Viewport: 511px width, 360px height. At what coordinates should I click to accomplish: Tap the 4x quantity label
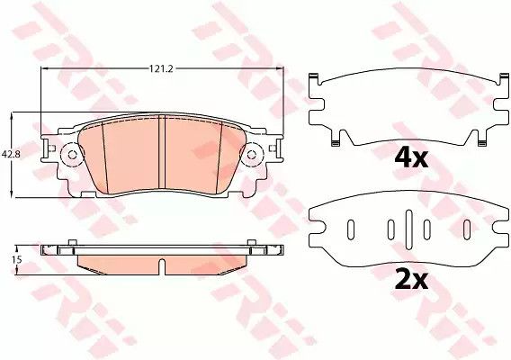coord(411,158)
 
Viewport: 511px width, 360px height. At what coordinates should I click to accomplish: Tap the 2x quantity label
coord(411,281)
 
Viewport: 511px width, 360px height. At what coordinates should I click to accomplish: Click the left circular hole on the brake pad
coord(72,155)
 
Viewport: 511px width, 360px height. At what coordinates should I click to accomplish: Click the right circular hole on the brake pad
coord(251,155)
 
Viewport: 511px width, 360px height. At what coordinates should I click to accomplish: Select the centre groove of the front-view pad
coord(162,151)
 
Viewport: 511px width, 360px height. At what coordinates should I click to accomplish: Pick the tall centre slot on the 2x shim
coord(408,229)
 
